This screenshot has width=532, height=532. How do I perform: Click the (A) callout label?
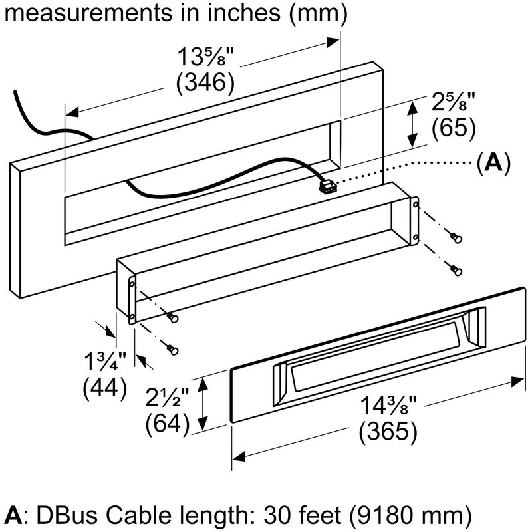493,162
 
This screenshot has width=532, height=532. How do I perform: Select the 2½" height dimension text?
168,398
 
